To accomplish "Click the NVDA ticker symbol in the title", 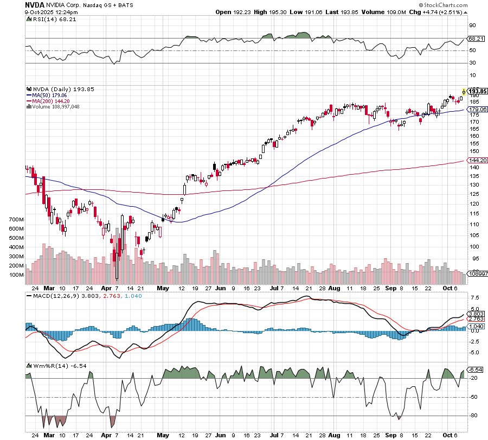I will click(x=34, y=4).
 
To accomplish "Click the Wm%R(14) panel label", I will click(x=46, y=366).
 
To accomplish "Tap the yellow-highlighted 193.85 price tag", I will click(x=475, y=91).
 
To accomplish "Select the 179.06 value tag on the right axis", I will click(x=475, y=110).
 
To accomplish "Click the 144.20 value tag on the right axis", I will click(x=475, y=161).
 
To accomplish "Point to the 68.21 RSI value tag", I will click(x=475, y=39).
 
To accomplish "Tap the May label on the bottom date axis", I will click(x=163, y=435).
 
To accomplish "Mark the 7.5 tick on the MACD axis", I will click(x=473, y=297).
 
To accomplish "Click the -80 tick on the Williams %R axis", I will click(x=473, y=416).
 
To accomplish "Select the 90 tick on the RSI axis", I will click(x=472, y=25).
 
